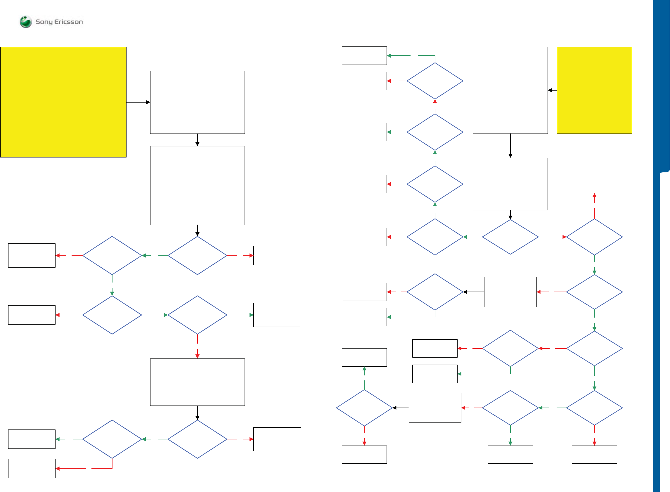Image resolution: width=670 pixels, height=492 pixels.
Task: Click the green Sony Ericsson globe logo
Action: click(x=26, y=22)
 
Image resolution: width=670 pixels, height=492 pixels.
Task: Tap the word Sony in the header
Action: click(x=44, y=22)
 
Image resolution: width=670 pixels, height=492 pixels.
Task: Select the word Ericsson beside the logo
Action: click(x=68, y=22)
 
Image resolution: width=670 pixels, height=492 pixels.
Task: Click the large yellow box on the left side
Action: click(x=63, y=102)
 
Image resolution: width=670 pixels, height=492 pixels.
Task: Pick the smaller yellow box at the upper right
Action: click(x=594, y=90)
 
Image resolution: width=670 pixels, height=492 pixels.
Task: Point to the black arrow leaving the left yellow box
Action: click(x=138, y=102)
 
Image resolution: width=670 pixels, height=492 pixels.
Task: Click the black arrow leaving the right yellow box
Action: click(x=552, y=90)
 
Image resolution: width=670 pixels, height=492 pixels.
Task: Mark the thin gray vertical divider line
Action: click(x=320, y=247)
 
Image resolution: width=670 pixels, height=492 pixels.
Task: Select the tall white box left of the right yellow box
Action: click(x=510, y=90)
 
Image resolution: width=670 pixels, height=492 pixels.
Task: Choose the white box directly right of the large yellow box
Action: click(x=197, y=102)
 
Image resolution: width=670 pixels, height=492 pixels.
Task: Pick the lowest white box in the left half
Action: click(x=32, y=468)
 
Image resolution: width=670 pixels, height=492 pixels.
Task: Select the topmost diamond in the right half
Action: click(x=435, y=81)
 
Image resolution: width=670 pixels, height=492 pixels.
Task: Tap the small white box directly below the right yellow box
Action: click(x=594, y=184)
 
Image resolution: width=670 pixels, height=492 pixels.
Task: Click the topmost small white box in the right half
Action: click(x=364, y=56)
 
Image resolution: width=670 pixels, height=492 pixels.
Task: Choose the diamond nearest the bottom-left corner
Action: click(x=112, y=439)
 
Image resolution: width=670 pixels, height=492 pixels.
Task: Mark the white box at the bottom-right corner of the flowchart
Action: click(x=594, y=455)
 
